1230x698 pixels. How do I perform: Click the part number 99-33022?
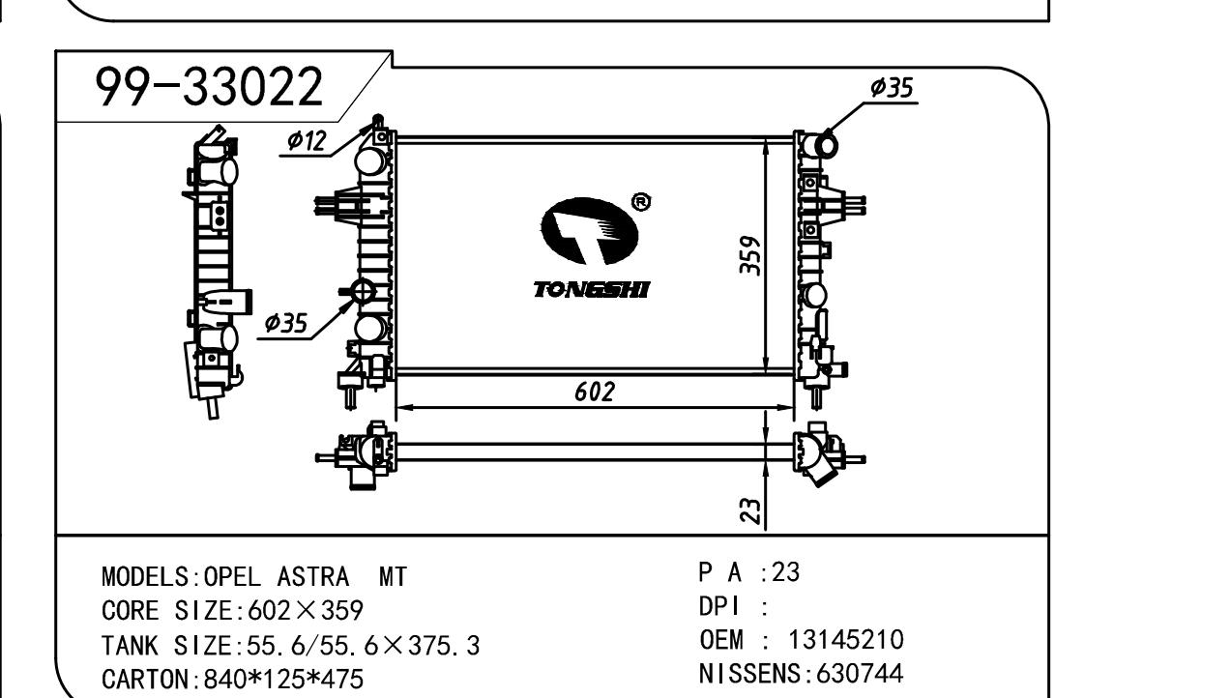[x=208, y=89]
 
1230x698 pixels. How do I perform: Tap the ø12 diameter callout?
[x=307, y=141]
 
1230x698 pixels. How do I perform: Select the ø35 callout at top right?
[x=891, y=88]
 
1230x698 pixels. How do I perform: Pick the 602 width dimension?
[x=594, y=392]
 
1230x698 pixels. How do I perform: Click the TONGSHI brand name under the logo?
[x=592, y=289]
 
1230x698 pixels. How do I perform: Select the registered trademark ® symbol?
[x=640, y=202]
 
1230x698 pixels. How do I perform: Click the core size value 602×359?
[x=306, y=611]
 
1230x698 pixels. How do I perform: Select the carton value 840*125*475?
[x=283, y=679]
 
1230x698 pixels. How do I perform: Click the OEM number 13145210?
[x=846, y=639]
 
